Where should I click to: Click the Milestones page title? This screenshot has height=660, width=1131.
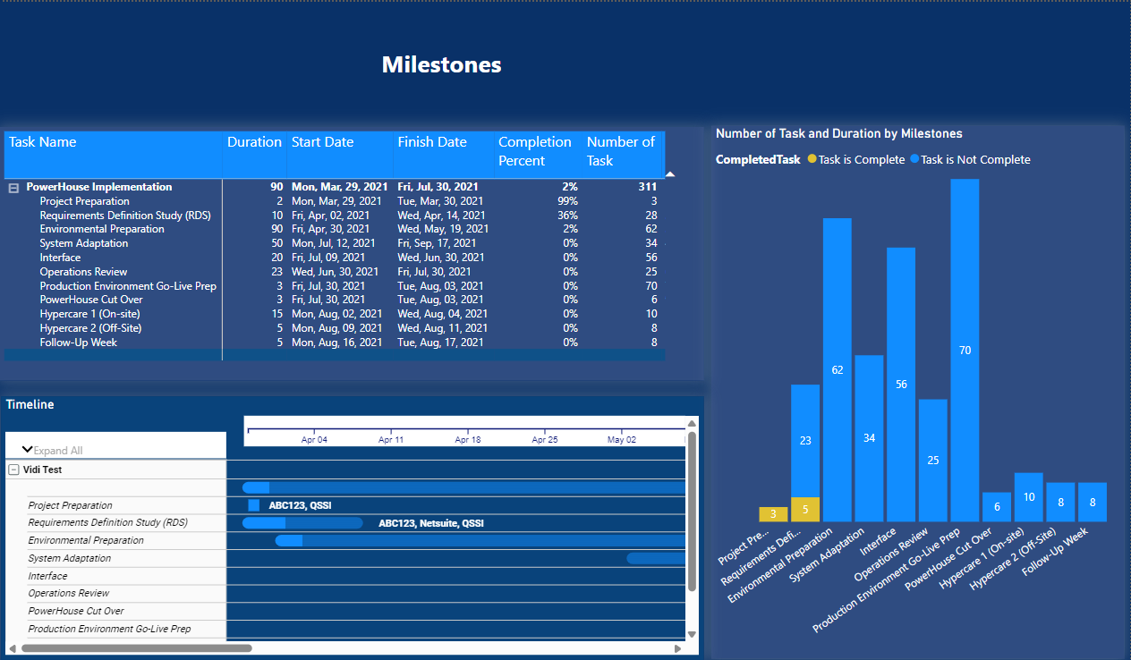pos(441,65)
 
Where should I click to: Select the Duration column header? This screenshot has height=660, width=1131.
pos(254,142)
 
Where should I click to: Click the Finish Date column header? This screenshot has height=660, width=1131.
pos(432,142)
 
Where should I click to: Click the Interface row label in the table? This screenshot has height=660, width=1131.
pos(60,258)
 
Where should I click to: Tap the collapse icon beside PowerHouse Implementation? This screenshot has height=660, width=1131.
pos(13,188)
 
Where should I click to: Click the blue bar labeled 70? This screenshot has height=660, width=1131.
pos(965,350)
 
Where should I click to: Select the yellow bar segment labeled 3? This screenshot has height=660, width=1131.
pos(773,514)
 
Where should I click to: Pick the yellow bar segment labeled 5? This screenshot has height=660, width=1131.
pos(805,510)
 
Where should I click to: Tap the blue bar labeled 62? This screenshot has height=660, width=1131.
pos(837,369)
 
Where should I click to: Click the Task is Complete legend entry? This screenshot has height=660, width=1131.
pos(855,160)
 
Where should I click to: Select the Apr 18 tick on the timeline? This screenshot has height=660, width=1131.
pos(468,440)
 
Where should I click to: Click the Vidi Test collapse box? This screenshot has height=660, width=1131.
pos(13,470)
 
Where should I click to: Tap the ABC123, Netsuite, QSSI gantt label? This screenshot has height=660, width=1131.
pos(430,523)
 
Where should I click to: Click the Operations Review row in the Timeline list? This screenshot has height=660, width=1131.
pos(69,593)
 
